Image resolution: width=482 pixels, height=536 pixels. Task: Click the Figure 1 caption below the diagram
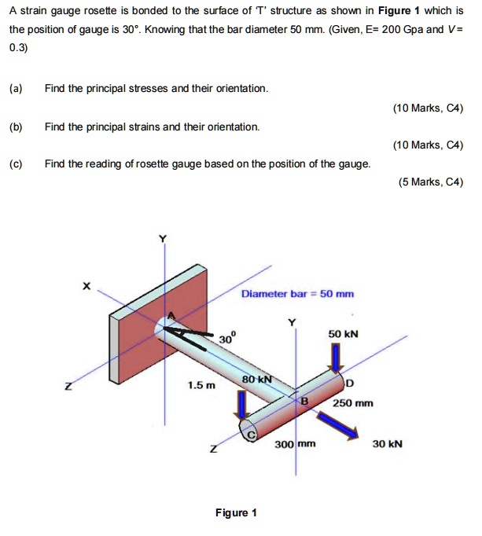point(237,513)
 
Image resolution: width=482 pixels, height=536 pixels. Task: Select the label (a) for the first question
point(16,88)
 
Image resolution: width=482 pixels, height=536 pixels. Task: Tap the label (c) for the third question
point(16,163)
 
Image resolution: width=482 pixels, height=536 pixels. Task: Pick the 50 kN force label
point(344,333)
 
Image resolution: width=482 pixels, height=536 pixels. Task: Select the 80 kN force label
point(256,379)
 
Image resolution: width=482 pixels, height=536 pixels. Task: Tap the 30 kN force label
point(387,444)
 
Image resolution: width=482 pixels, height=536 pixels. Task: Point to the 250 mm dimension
point(352,403)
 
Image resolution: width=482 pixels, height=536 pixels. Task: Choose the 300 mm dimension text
point(295,444)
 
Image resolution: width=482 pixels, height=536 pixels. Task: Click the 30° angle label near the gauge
point(226,337)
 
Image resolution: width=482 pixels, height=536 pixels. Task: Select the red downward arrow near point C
point(245,402)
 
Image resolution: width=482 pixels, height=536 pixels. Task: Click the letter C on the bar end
point(252,434)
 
